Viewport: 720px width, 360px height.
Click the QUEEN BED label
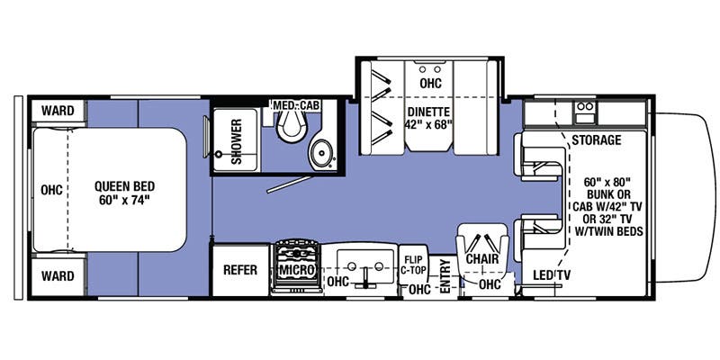tap(122, 186)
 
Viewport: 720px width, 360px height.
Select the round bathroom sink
tap(319, 150)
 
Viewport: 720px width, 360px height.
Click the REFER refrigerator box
tap(240, 270)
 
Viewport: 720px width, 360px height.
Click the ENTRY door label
tap(445, 276)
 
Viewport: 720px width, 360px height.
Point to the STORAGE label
tap(596, 140)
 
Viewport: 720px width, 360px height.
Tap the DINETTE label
tap(428, 112)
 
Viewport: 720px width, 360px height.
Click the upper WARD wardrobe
tap(58, 112)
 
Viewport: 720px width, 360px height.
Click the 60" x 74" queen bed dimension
tap(122, 201)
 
